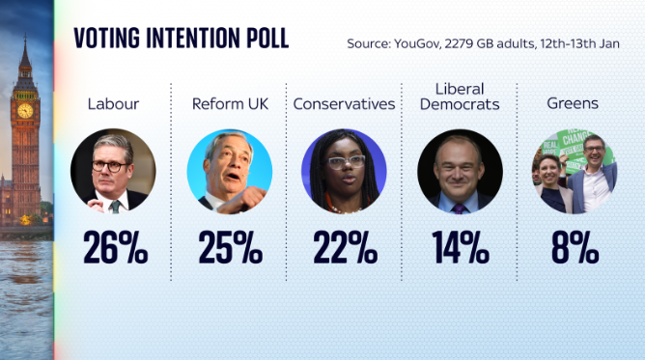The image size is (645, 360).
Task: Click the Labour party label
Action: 114,103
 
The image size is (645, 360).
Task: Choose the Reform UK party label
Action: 230,103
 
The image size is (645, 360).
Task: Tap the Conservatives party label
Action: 345,103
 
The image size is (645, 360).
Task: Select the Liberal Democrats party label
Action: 460,96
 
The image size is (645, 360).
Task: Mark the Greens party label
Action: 575,103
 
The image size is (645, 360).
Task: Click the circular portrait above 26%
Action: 114,172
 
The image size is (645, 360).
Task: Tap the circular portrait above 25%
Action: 230,172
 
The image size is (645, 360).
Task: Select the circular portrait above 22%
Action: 345,172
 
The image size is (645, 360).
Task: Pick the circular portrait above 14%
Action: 460,172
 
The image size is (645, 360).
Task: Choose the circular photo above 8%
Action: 575,172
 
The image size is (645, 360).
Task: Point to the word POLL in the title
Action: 265,39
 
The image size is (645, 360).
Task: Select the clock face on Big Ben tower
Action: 24,110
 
